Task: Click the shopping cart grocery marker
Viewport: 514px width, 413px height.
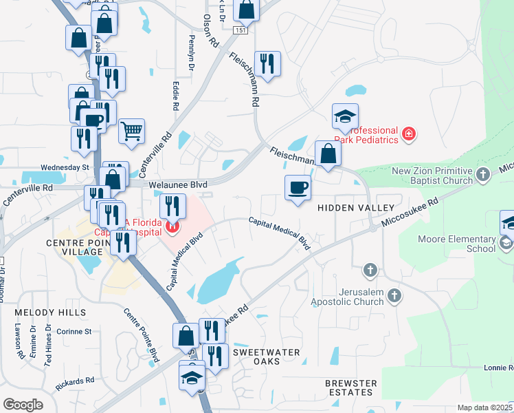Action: [131, 130]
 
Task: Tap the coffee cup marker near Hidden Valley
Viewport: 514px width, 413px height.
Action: [298, 188]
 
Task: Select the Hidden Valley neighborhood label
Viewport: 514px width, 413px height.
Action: [355, 208]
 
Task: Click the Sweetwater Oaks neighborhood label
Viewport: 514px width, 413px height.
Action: [266, 357]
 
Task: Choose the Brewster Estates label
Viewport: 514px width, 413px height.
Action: [351, 388]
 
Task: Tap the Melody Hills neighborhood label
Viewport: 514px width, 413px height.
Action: [52, 313]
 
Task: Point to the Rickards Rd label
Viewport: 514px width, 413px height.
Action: [76, 381]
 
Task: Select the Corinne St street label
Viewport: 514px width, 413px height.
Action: [75, 331]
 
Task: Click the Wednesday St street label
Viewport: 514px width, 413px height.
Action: [65, 167]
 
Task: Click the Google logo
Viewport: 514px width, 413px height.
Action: [23, 405]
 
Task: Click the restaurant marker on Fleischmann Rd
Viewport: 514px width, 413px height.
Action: [266, 64]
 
